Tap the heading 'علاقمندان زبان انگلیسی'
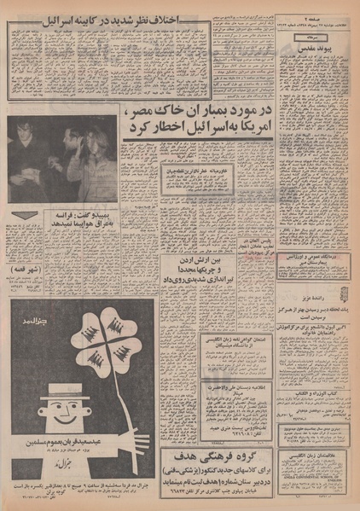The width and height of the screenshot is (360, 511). coord(325,456)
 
